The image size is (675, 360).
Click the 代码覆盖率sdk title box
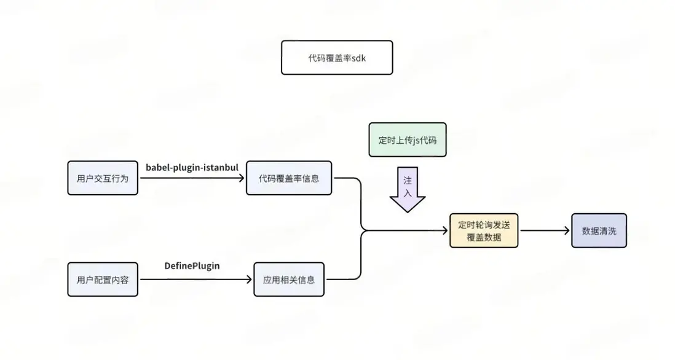pos(336,58)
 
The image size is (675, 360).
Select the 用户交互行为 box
pos(103,178)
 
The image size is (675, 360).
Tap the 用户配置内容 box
pos(103,280)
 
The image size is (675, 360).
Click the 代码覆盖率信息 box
pos(289,178)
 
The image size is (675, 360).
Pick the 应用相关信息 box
pos(289,280)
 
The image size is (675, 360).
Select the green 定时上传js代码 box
pos(408,139)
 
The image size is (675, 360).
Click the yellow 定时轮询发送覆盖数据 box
pos(484,230)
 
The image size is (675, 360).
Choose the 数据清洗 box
pos(599,230)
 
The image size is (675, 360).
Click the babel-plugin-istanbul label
pos(192,168)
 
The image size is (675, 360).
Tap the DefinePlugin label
pos(192,266)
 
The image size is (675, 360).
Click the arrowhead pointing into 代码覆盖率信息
pos(242,178)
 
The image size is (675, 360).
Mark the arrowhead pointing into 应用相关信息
pos(250,280)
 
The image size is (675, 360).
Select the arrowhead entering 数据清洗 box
pos(567,231)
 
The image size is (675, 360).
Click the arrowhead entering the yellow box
pos(446,231)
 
